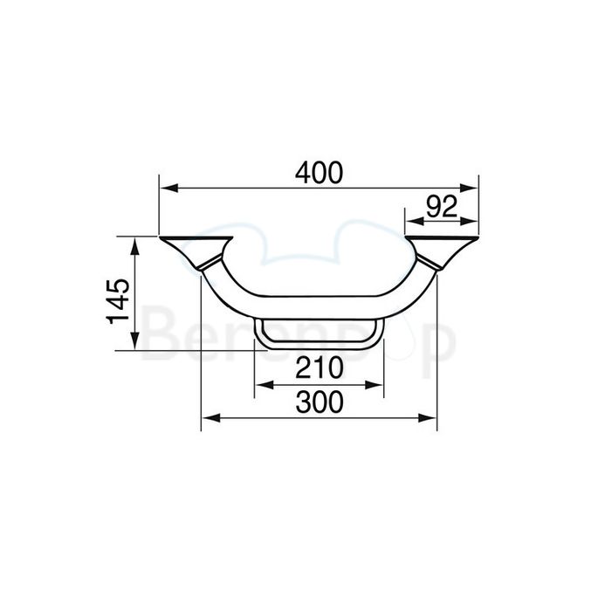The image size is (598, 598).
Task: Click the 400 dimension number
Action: (320, 173)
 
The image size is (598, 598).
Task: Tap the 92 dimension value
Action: (443, 206)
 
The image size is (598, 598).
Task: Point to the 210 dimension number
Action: (318, 369)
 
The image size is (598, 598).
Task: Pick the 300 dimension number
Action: (319, 402)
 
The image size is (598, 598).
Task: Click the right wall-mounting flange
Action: (443, 248)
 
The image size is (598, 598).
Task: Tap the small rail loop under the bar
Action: (319, 334)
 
